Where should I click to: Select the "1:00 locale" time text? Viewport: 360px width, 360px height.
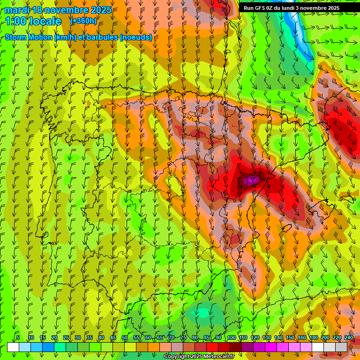(34, 21)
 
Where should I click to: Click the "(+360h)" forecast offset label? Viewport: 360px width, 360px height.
(83, 21)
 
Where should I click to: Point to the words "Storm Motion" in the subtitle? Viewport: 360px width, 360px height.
(28, 37)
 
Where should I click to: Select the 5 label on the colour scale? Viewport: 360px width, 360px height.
(18, 338)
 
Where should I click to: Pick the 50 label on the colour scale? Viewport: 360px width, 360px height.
(125, 338)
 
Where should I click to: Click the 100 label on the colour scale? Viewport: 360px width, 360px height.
(232, 338)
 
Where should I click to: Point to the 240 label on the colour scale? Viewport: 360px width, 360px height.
(349, 338)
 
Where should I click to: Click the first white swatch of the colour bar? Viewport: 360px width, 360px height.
(13, 347)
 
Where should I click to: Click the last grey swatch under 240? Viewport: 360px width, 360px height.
(341, 347)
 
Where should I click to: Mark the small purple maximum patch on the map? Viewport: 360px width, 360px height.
(251, 180)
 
